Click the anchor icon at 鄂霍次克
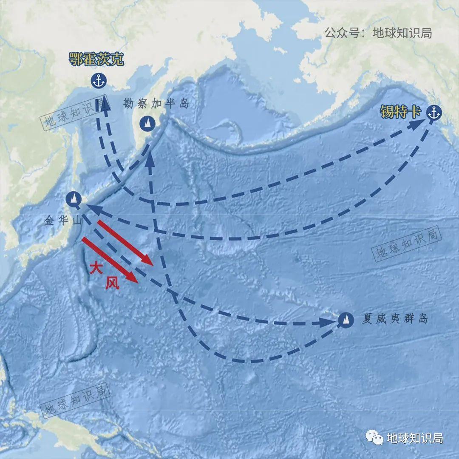pyautogui.click(x=98, y=80)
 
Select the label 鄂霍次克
pyautogui.click(x=96, y=59)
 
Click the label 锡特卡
pyautogui.click(x=400, y=112)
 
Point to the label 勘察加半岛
pyautogui.click(x=156, y=103)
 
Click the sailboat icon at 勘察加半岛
pyautogui.click(x=147, y=123)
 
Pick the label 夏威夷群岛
pyautogui.click(x=395, y=319)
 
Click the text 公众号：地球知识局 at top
pyautogui.click(x=378, y=33)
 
